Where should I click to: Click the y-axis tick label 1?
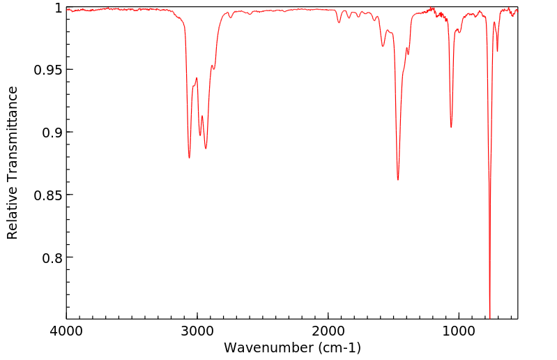tap(58, 8)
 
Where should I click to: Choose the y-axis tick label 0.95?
tap(48, 70)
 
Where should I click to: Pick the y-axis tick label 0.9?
tap(52, 133)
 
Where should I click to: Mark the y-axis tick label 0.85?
tap(48, 195)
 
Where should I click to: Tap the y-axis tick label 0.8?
tap(52, 258)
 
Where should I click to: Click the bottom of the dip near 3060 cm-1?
tap(189, 158)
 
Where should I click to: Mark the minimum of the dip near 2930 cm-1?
tap(206, 149)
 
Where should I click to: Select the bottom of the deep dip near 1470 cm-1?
tap(398, 180)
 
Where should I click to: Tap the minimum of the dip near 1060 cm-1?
tap(451, 127)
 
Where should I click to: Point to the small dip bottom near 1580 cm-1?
tap(383, 46)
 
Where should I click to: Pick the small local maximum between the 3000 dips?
tap(202, 116)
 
